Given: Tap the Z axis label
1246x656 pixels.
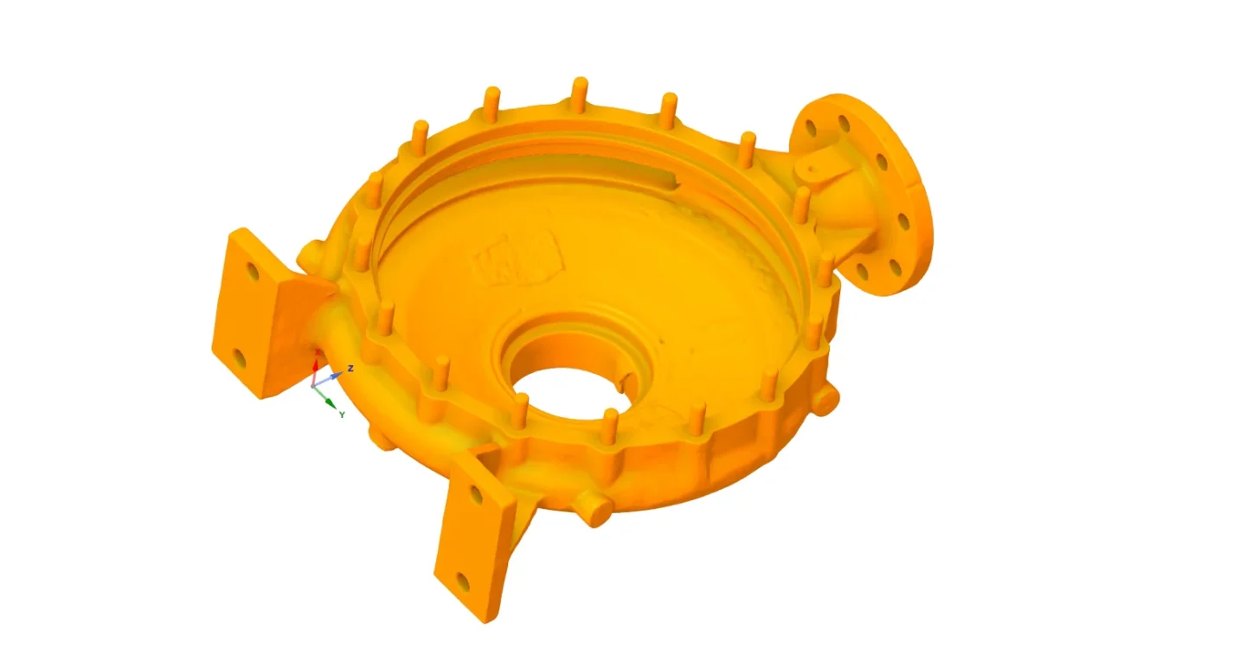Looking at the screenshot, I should point(350,369).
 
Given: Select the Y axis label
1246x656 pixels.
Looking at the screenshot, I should point(342,415).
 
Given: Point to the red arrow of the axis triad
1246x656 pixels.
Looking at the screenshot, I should point(315,365).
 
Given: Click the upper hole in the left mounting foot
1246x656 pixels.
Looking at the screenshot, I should point(253,272).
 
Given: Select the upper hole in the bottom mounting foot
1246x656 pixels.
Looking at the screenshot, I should point(474,496).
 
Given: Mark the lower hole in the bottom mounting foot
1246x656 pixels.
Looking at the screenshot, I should point(463,582).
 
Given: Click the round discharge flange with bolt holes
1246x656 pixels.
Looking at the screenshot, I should point(874,195).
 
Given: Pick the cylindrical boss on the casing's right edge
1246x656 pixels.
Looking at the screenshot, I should point(826,399).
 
